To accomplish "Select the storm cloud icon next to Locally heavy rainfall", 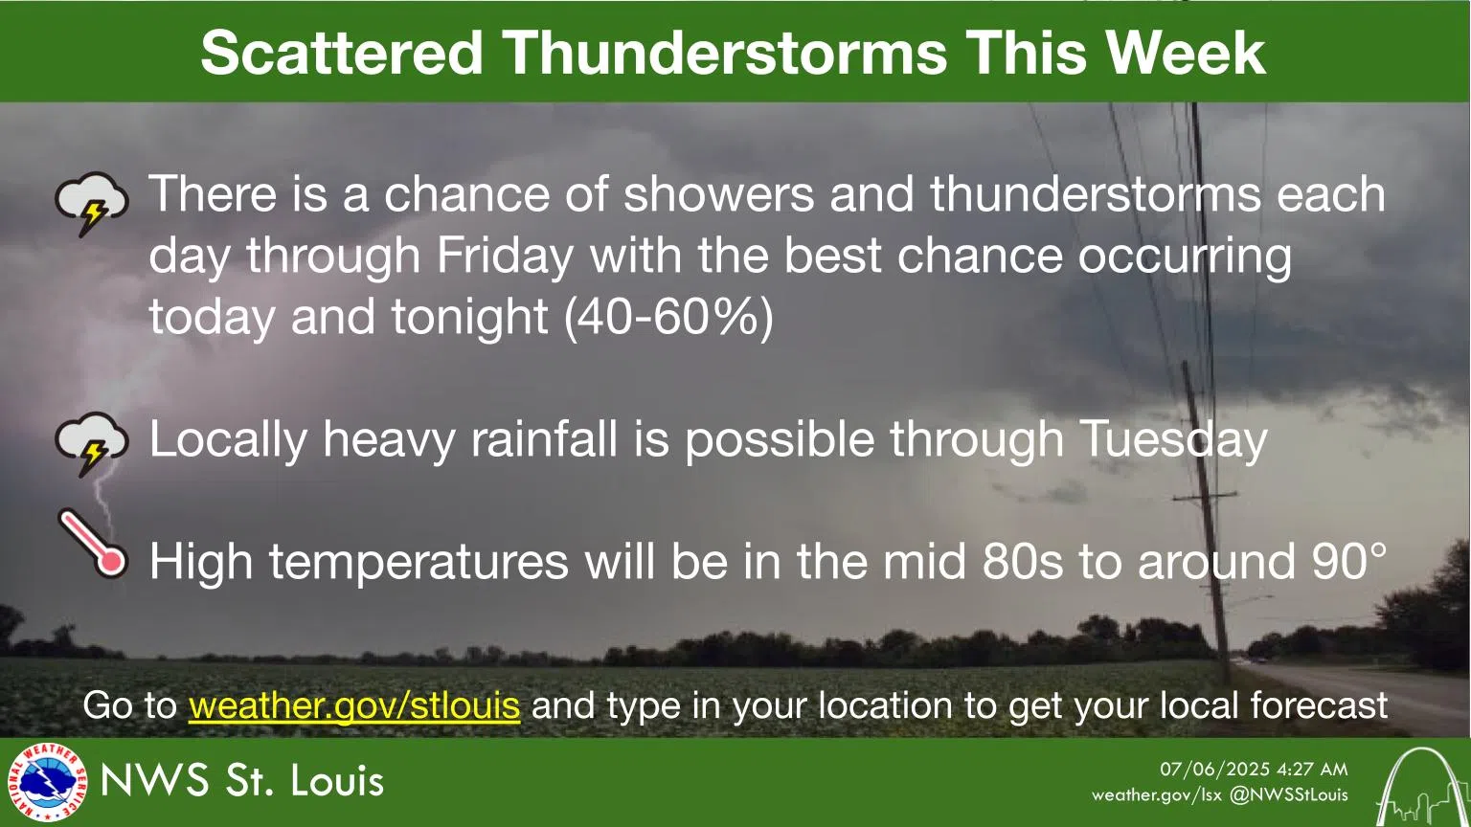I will (x=91, y=443).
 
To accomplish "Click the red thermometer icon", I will (x=93, y=543).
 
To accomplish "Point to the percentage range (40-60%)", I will (x=668, y=317).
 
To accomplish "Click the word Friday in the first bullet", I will (x=505, y=256).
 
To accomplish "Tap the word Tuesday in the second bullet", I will (x=1173, y=439).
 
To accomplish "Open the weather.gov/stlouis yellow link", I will (x=354, y=705).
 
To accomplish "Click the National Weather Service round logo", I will (x=45, y=782).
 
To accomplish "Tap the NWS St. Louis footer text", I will (x=242, y=781).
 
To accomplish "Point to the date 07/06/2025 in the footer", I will (x=1214, y=770).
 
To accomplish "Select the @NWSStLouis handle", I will (x=1288, y=794).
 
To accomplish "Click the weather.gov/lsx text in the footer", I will (x=1156, y=794).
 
